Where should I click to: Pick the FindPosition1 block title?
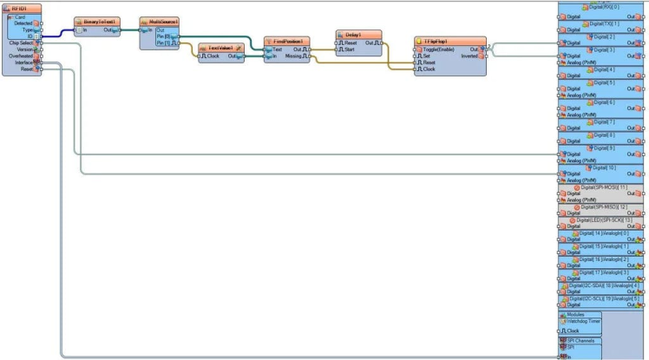click(x=287, y=41)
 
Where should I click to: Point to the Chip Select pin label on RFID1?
click(x=22, y=42)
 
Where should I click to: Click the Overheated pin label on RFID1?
click(x=21, y=56)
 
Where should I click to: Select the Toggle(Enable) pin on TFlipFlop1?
click(x=442, y=48)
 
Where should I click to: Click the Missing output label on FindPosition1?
click(x=293, y=56)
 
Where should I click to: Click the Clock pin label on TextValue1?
click(x=213, y=56)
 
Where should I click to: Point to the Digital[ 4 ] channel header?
click(x=605, y=69)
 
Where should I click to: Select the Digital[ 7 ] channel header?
click(x=605, y=121)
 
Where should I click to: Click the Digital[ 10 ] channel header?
click(x=605, y=167)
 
